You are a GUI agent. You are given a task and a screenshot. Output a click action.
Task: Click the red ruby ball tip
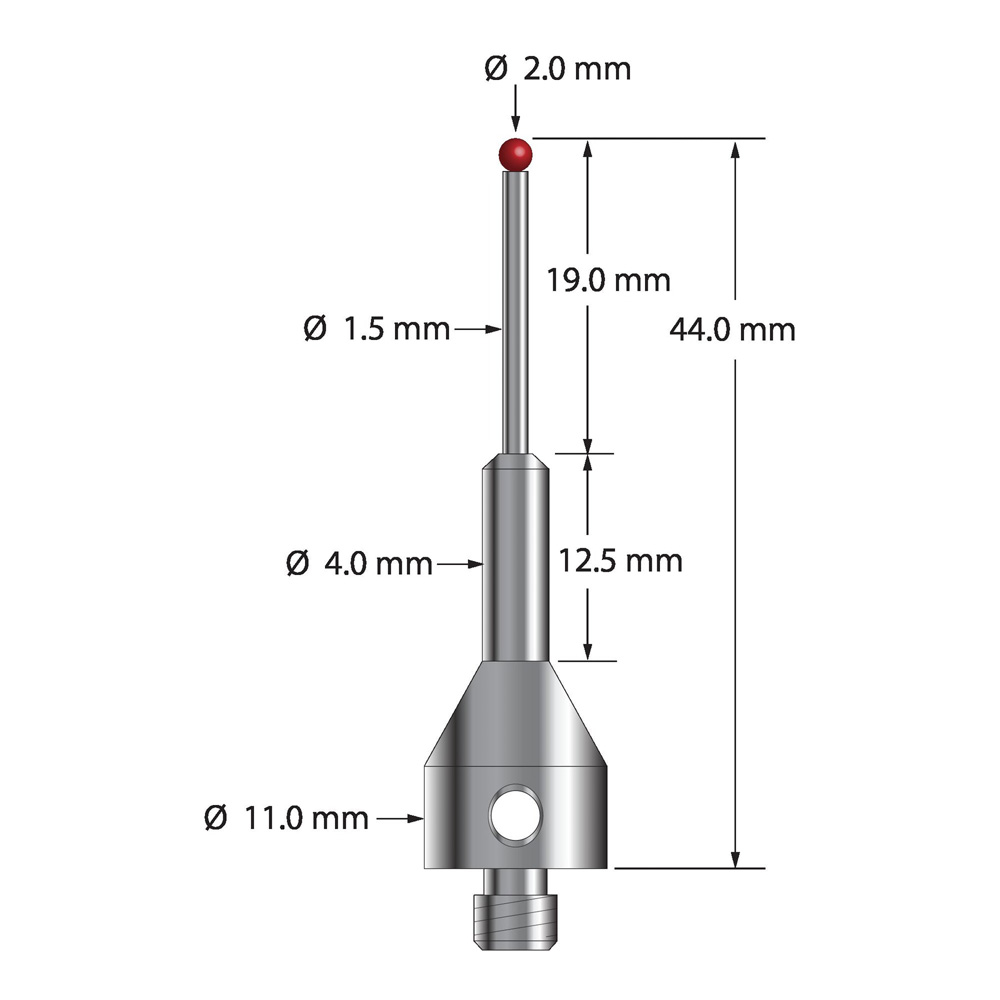click(x=515, y=154)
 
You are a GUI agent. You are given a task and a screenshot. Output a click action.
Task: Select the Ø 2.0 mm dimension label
click(x=557, y=68)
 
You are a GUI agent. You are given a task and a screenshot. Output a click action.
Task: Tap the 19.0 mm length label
click(x=608, y=280)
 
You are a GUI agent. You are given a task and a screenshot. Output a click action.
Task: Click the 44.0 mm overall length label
click(x=733, y=330)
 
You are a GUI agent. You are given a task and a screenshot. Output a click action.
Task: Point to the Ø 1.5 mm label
click(x=377, y=328)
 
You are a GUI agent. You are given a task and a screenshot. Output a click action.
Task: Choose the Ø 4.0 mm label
click(x=359, y=564)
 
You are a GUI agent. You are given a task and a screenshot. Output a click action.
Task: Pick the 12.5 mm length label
click(x=620, y=561)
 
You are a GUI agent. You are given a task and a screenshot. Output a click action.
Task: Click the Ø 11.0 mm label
click(x=286, y=818)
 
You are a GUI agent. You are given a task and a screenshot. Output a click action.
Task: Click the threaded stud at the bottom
click(x=515, y=909)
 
